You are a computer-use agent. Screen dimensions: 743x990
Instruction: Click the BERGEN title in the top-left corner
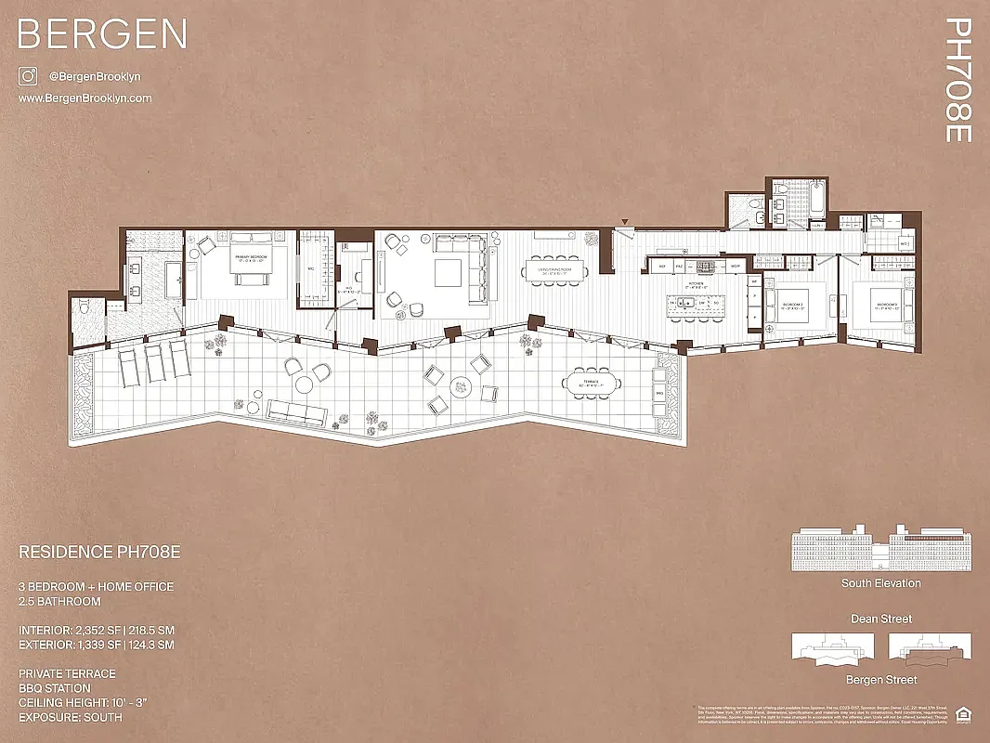(x=102, y=34)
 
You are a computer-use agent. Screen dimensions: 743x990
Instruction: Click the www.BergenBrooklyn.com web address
(x=85, y=98)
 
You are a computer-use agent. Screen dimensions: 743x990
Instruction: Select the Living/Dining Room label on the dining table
(x=554, y=271)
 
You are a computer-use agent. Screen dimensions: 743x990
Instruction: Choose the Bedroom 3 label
(x=885, y=305)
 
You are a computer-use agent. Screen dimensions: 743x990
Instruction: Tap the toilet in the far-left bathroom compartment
(x=85, y=306)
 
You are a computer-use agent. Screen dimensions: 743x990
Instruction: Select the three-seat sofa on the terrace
(x=294, y=410)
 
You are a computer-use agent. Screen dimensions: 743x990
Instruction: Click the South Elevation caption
(x=880, y=583)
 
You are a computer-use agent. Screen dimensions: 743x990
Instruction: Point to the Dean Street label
(x=880, y=619)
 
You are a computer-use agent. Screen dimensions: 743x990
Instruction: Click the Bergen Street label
(x=880, y=680)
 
